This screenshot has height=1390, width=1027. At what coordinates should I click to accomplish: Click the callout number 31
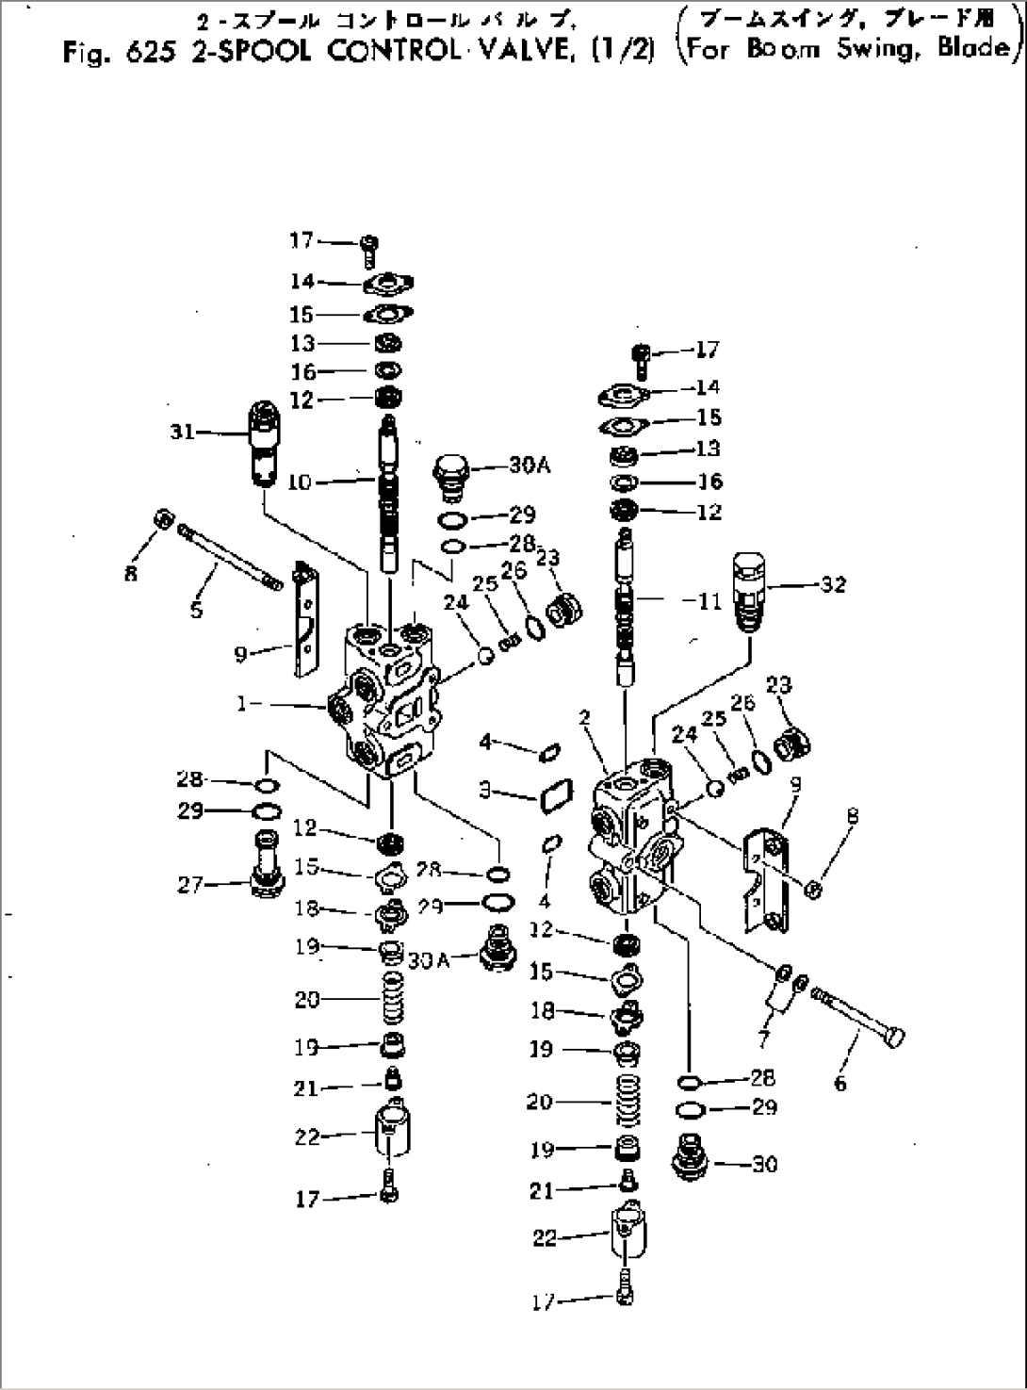[182, 432]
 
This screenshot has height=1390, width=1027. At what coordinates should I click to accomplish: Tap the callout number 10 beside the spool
[299, 482]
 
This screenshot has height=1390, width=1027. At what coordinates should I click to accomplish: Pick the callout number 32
[832, 584]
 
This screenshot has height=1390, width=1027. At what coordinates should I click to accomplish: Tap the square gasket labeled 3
[551, 796]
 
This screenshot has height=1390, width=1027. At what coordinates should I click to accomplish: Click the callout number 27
[190, 885]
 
